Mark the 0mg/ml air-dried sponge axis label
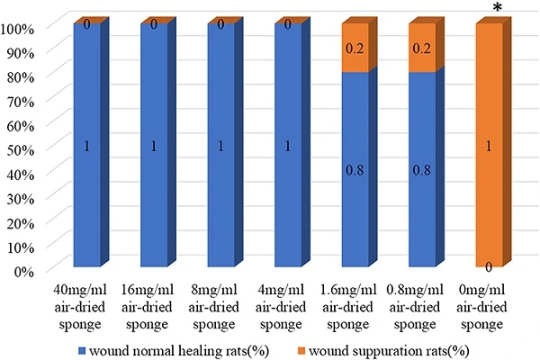487,302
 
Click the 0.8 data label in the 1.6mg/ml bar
355,167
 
